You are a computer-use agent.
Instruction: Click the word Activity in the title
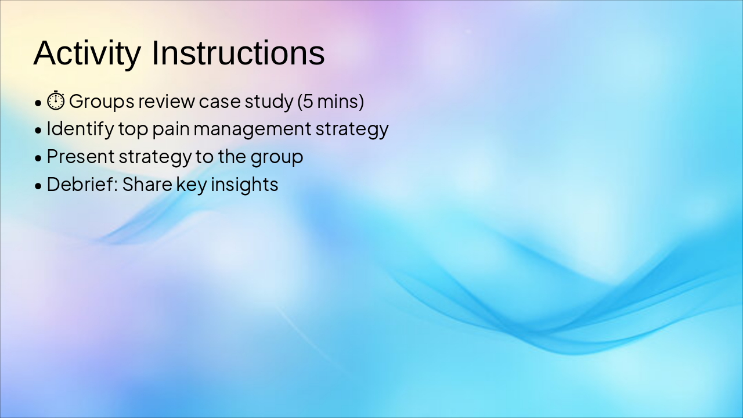click(87, 53)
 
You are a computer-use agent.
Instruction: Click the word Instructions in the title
click(238, 52)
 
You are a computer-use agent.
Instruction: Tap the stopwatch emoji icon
click(56, 100)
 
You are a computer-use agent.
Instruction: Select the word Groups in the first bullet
click(102, 102)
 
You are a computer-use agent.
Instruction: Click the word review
click(167, 101)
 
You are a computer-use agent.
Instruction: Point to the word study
click(269, 102)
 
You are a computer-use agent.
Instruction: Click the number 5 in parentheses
click(308, 101)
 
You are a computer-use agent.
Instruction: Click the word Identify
click(81, 129)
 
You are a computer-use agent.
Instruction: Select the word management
click(253, 129)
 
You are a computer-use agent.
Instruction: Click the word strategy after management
click(352, 129)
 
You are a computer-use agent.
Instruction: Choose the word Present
click(81, 156)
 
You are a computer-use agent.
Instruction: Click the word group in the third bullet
click(277, 157)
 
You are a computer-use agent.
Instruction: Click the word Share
click(147, 184)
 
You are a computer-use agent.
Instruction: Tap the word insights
click(244, 185)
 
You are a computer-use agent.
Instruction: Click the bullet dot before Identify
click(38, 131)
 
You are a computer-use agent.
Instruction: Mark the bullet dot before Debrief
click(38, 186)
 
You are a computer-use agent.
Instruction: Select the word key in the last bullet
click(192, 185)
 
